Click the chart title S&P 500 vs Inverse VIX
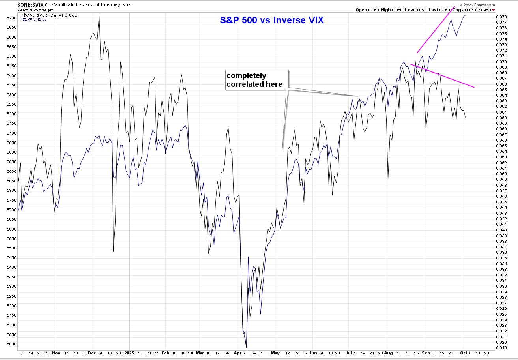pyautogui.click(x=271, y=20)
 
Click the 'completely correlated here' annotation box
pyautogui.click(x=257, y=80)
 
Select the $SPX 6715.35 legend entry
pyautogui.click(x=35, y=19)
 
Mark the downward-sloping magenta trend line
pyautogui.click(x=442, y=75)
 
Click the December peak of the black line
pyautogui.click(x=99, y=16)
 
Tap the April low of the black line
pyautogui.click(x=246, y=347)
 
